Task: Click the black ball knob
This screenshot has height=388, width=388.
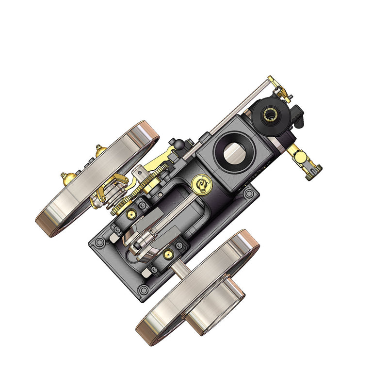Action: click(179, 144)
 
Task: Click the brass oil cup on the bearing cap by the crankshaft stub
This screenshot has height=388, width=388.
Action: click(168, 253)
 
